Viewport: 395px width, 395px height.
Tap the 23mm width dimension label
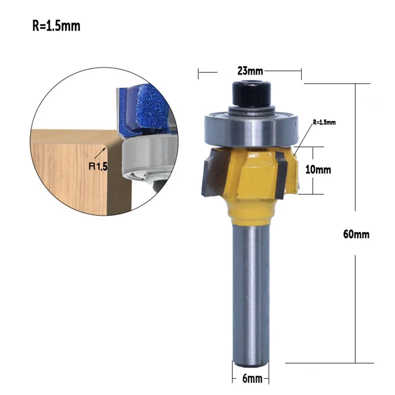(250, 71)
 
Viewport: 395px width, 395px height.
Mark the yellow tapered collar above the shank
(250, 209)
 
